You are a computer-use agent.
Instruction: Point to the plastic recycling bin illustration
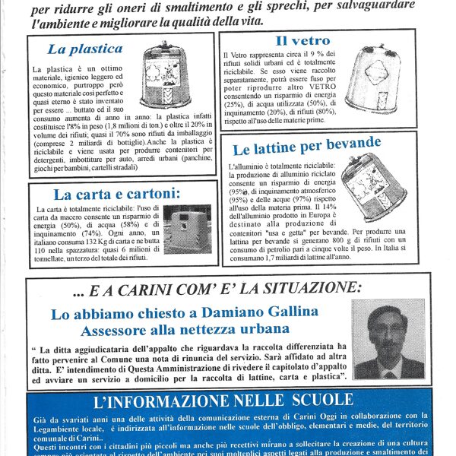pos(173,76)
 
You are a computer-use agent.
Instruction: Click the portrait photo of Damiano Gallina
pos(388,338)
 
